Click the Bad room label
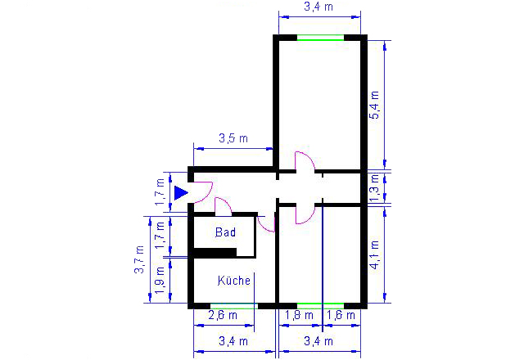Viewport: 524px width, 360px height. [225, 232]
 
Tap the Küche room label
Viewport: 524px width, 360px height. [234, 281]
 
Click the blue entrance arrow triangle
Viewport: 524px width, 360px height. [181, 193]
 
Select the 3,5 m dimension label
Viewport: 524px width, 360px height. [233, 138]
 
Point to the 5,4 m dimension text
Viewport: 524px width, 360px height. [375, 105]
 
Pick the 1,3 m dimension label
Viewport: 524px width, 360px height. [375, 187]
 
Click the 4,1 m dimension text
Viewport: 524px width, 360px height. [375, 254]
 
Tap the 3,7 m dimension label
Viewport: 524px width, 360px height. [139, 259]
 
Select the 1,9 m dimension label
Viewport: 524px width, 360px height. [160, 280]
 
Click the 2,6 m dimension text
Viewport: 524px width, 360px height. [223, 315]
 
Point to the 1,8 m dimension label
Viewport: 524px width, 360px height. [299, 315]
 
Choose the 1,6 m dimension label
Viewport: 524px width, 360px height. [341, 315]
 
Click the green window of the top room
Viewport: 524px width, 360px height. [320, 40]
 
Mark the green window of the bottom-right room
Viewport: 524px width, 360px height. [320, 305]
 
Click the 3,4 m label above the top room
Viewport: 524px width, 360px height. [318, 7]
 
